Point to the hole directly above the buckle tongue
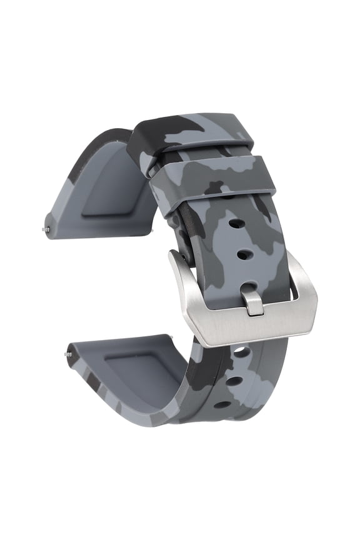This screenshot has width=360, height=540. pos(245,255)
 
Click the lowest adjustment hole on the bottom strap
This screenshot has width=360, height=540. pos(222,404)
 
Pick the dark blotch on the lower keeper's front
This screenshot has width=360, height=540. pos(216,187)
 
